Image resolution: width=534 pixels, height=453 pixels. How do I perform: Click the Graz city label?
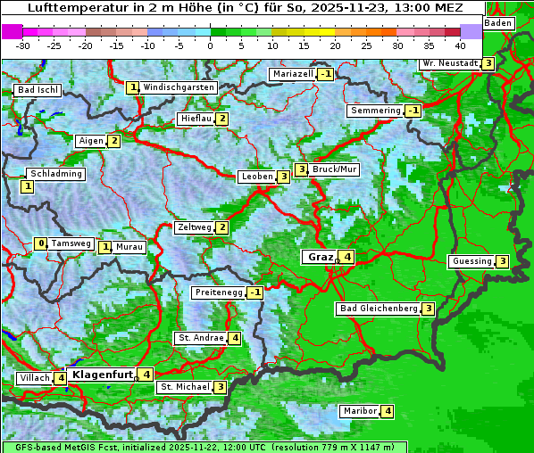click(320, 257)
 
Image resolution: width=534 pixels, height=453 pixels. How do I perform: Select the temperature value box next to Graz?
click(347, 257)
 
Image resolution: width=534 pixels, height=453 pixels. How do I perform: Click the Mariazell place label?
click(294, 74)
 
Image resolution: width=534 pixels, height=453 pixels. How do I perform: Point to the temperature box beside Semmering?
click(412, 111)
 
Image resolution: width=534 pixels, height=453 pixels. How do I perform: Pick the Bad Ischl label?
click(38, 90)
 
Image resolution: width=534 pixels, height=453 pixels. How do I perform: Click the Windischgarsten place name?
click(179, 87)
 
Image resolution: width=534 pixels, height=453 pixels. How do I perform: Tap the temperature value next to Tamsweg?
click(40, 243)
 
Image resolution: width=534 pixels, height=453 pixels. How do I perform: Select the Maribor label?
click(358, 411)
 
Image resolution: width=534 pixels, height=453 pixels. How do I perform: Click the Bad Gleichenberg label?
click(379, 309)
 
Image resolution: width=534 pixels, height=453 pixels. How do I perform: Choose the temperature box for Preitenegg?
click(255, 292)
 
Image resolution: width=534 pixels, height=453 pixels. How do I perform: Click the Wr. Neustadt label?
click(451, 63)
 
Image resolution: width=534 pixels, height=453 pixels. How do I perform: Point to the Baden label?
click(498, 23)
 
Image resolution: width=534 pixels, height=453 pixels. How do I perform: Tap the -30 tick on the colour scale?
click(23, 45)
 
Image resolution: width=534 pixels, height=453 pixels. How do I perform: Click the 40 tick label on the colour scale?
click(460, 45)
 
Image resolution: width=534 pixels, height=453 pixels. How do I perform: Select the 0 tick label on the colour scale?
click(211, 45)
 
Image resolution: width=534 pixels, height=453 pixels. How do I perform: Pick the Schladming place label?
click(55, 174)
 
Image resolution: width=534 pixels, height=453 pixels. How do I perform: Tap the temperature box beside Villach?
click(60, 378)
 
